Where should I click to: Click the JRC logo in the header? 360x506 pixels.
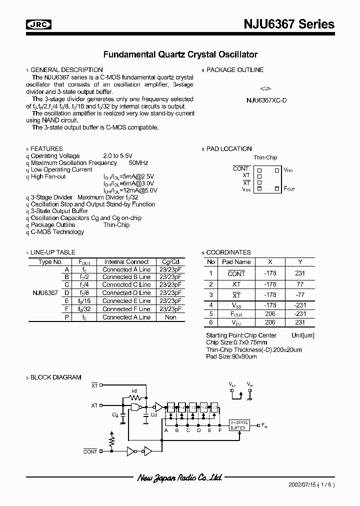click(x=38, y=24)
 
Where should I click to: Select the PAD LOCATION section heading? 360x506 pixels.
click(x=228, y=149)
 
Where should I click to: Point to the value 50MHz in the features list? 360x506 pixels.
click(x=138, y=163)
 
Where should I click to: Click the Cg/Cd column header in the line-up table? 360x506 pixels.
click(x=170, y=262)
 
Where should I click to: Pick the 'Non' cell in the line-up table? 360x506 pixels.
click(x=170, y=317)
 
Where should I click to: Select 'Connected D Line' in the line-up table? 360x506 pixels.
click(x=126, y=292)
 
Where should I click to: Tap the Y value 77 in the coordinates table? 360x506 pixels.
click(x=300, y=284)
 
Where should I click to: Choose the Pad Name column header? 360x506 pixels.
click(x=236, y=261)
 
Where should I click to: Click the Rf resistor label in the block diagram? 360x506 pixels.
click(x=134, y=391)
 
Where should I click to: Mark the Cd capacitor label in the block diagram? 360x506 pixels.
click(x=154, y=414)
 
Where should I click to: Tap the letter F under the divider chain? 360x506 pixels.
click(x=219, y=430)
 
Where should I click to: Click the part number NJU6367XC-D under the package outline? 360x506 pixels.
click(x=266, y=99)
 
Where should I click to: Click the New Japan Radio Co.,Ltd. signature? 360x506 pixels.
click(x=179, y=478)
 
